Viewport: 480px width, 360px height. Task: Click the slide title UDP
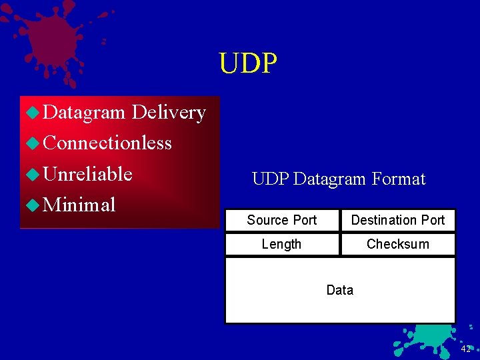[x=248, y=63]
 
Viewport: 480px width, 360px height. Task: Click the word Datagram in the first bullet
[x=83, y=113]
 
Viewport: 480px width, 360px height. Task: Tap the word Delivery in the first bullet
[x=169, y=113]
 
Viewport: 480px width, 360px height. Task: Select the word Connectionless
[x=107, y=143]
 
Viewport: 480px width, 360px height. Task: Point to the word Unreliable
[x=87, y=174]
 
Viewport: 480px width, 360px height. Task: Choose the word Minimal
[x=79, y=205]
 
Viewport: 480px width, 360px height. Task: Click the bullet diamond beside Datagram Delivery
[x=32, y=113]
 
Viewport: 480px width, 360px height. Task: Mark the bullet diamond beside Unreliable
[x=32, y=175]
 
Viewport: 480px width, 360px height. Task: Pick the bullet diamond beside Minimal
[x=32, y=205]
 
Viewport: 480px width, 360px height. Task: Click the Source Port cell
[x=282, y=220]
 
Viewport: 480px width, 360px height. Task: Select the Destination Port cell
[x=398, y=220]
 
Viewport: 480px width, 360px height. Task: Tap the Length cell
[x=281, y=244]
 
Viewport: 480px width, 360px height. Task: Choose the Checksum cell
[x=398, y=244]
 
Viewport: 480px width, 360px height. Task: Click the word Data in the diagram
[x=340, y=290]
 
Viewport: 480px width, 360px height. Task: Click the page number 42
[x=465, y=349]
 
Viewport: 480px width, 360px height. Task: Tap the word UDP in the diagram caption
[x=270, y=179]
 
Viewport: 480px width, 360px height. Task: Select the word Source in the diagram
[x=268, y=220]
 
